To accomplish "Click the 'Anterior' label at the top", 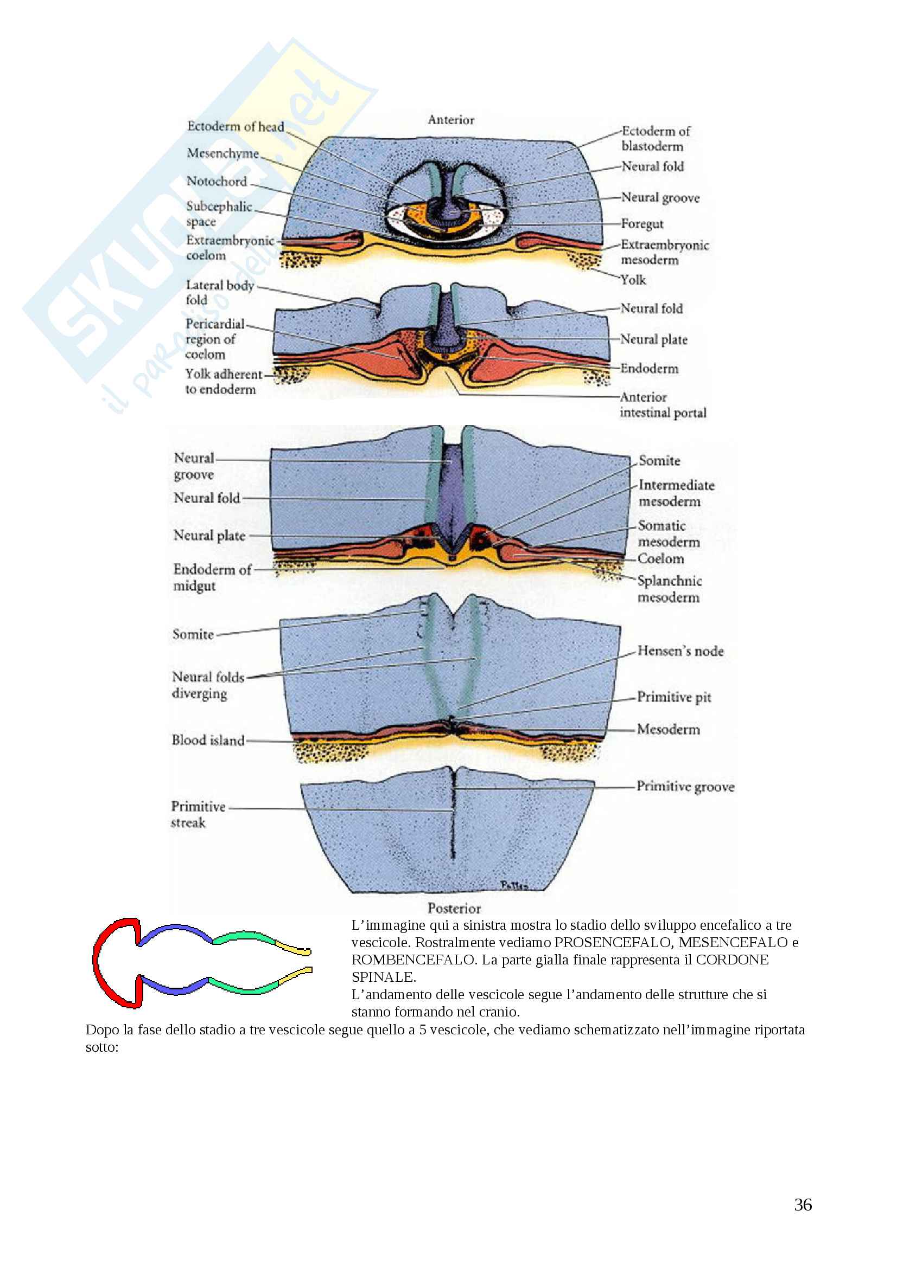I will click(x=450, y=120).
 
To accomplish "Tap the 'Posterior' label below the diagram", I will click(x=454, y=909).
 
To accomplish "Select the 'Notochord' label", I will click(x=217, y=181).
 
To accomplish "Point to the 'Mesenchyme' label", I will click(x=222, y=153).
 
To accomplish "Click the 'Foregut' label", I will click(x=641, y=224).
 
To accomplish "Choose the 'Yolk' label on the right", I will click(x=633, y=280).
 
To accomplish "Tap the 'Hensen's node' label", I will click(x=680, y=651).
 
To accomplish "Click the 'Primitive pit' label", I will click(x=674, y=697).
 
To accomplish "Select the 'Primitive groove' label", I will click(x=685, y=787).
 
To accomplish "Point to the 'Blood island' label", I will click(x=208, y=740).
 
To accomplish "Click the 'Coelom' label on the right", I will click(x=660, y=559).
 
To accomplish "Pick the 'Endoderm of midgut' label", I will click(x=212, y=577).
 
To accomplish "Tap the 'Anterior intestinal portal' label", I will click(x=663, y=405).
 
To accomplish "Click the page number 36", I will click(x=803, y=1205).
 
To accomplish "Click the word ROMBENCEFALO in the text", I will click(x=413, y=960).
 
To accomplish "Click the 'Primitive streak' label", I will click(x=198, y=815).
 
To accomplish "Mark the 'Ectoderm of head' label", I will click(x=236, y=126).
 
